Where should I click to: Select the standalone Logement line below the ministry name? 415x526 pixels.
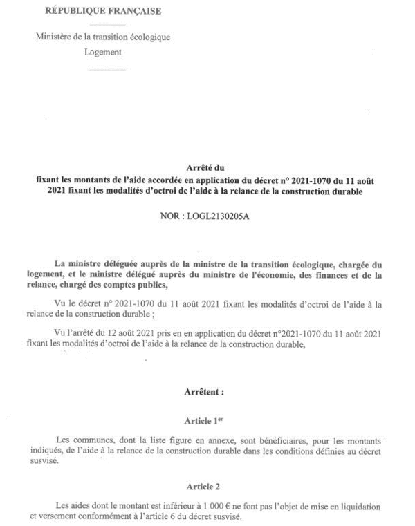(x=102, y=51)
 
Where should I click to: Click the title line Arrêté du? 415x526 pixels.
(x=207, y=167)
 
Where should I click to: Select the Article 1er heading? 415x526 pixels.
(x=206, y=420)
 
